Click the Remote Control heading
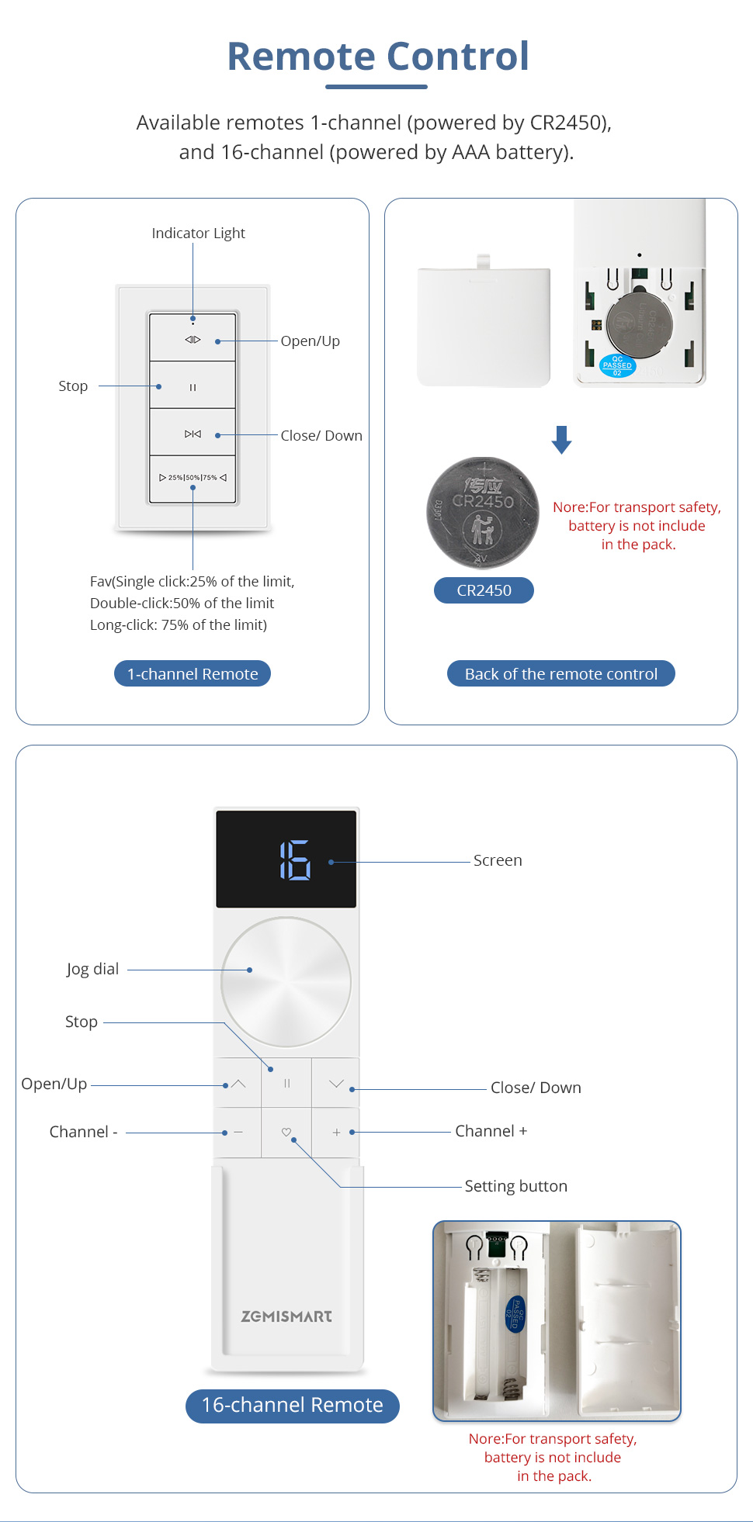pyautogui.click(x=378, y=57)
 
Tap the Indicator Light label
pyautogui.click(x=198, y=233)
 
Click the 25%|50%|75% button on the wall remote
pyautogui.click(x=193, y=478)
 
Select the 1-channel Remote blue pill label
pyautogui.click(x=193, y=673)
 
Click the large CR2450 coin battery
pyautogui.click(x=483, y=512)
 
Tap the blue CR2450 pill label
pyautogui.click(x=484, y=590)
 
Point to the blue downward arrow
pyautogui.click(x=561, y=439)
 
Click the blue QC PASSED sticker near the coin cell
pyautogui.click(x=617, y=365)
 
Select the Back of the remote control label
pyautogui.click(x=560, y=673)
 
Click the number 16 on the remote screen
pyautogui.click(x=295, y=860)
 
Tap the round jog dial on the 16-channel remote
pyautogui.click(x=286, y=982)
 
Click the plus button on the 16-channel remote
pyautogui.click(x=336, y=1133)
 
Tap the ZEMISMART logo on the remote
pyautogui.click(x=286, y=1316)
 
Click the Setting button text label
pyautogui.click(x=515, y=1186)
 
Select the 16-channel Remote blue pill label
pyautogui.click(x=292, y=1405)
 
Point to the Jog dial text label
pyautogui.click(x=92, y=969)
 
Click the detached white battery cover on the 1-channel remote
pyautogui.click(x=484, y=326)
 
